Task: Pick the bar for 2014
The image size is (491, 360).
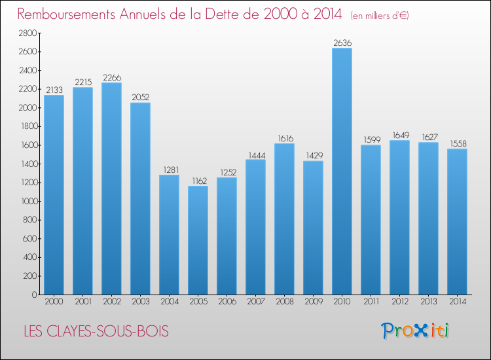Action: click(457, 222)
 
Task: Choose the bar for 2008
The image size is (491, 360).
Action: click(284, 219)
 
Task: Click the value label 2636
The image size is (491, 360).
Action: click(342, 43)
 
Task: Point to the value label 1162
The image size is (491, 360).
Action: click(198, 181)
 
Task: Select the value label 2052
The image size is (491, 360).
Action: click(140, 98)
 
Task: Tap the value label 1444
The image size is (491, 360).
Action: click(255, 154)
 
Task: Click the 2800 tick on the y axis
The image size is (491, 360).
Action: click(27, 33)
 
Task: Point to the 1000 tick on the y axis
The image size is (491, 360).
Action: click(27, 201)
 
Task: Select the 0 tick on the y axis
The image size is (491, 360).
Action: click(32, 295)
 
